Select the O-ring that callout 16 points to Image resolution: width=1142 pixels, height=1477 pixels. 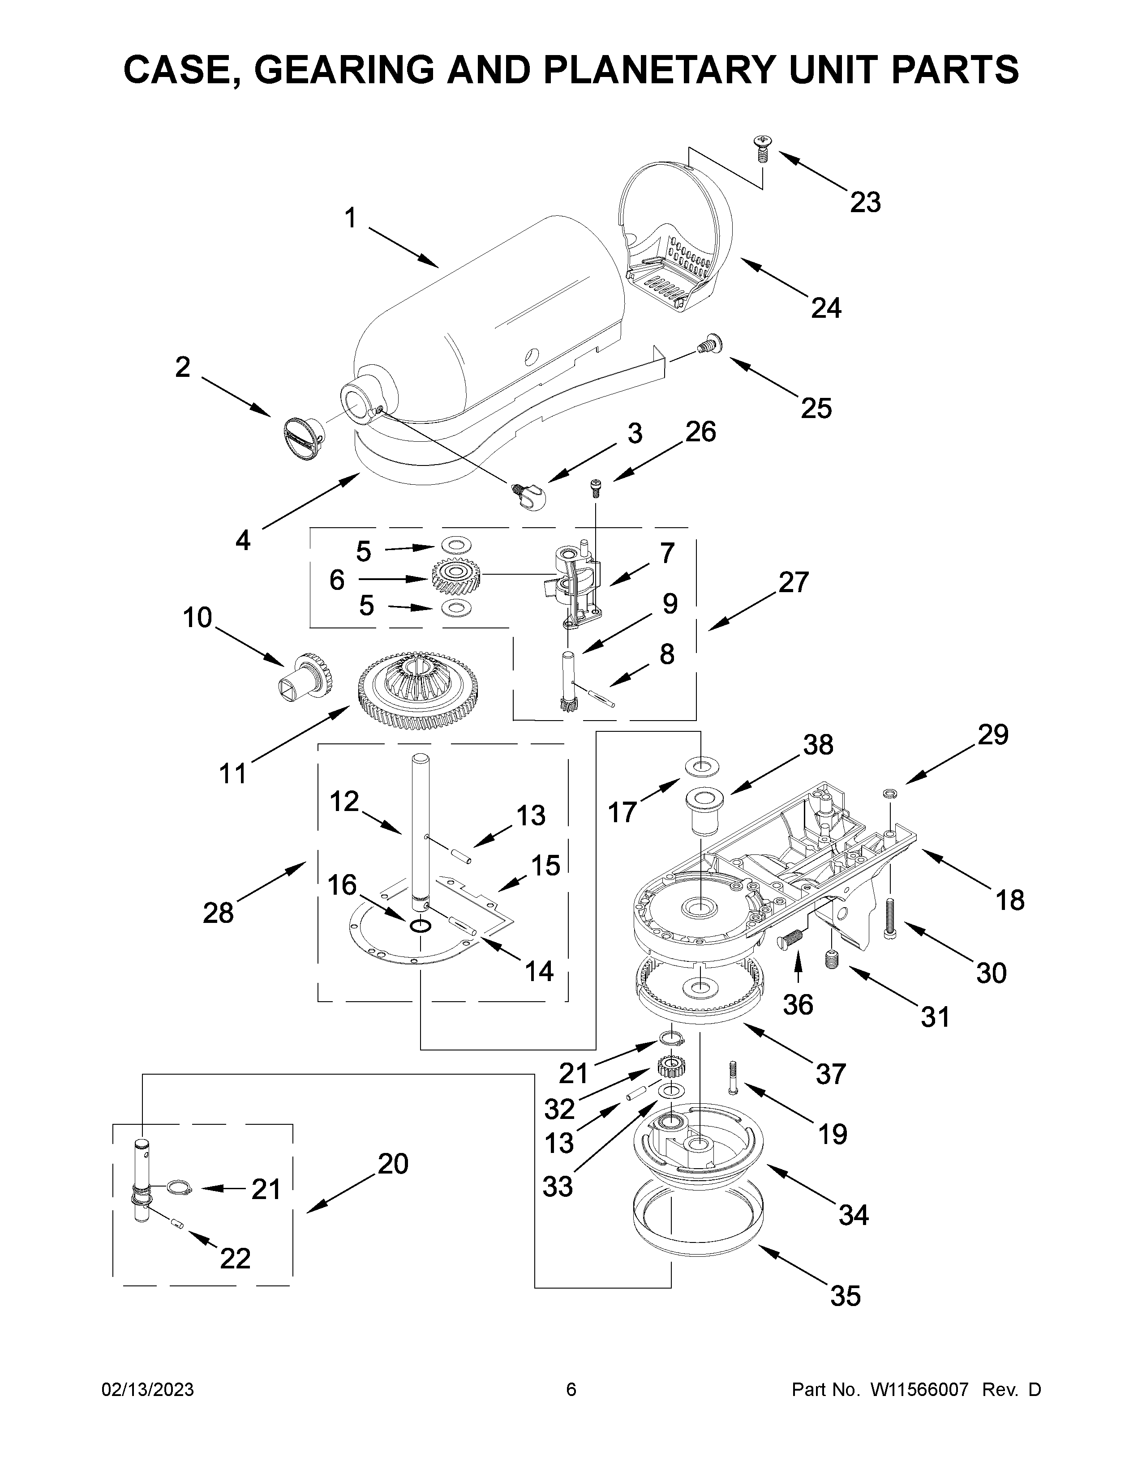(x=421, y=925)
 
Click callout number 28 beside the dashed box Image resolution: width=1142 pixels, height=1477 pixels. (x=218, y=912)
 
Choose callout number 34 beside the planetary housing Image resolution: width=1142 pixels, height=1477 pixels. (x=853, y=1215)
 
